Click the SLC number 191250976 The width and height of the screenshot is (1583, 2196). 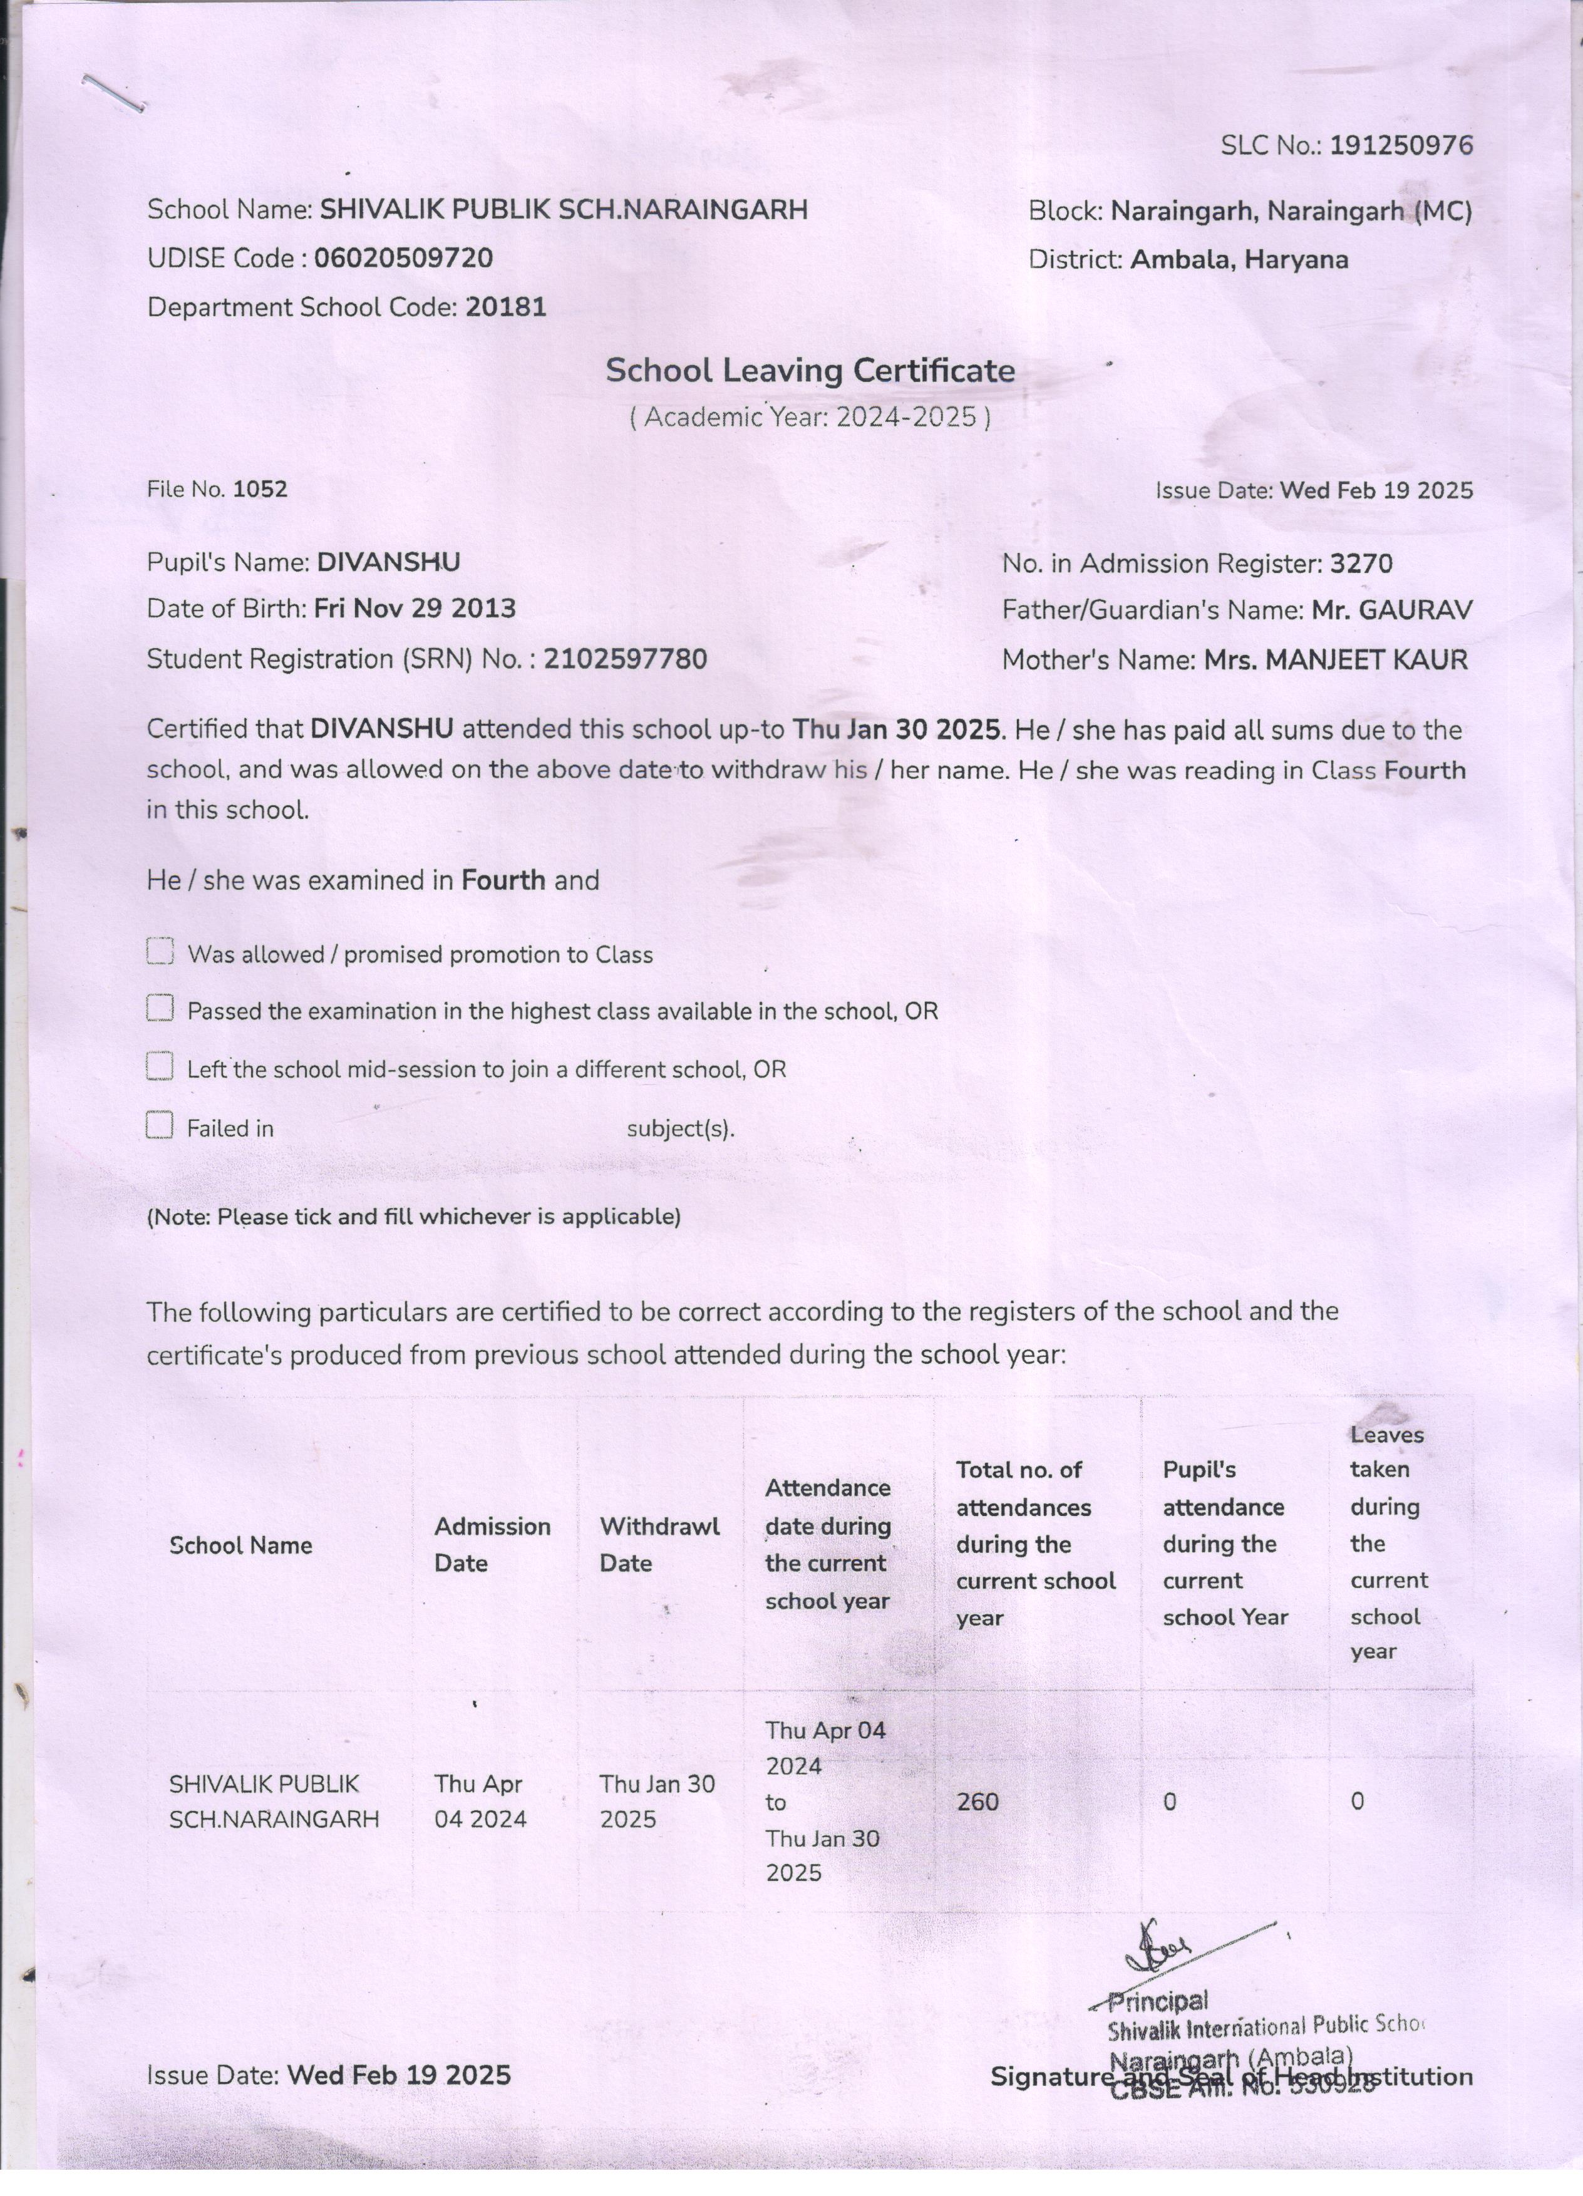tap(1401, 146)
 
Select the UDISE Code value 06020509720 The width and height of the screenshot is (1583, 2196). tap(404, 259)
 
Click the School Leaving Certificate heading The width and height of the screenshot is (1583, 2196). tap(810, 370)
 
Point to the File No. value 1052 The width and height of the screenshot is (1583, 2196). tap(260, 489)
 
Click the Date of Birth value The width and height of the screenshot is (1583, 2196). tap(415, 609)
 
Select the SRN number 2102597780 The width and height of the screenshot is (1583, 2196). tap(626, 659)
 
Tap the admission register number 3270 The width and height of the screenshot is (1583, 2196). tap(1361, 564)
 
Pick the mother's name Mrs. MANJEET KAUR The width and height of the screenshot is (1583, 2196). tap(1335, 661)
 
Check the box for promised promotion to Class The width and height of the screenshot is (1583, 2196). tap(160, 952)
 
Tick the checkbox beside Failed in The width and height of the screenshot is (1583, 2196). tap(160, 1125)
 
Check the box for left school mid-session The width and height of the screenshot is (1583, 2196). tap(160, 1067)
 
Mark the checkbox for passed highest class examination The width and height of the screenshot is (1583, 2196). tap(160, 1009)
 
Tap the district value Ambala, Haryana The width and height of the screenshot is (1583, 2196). tap(1239, 259)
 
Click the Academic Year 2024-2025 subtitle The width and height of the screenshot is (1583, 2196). tap(810, 417)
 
